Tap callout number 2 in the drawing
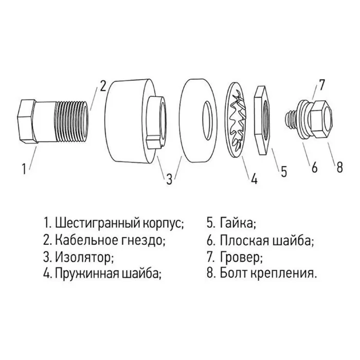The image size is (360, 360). tap(103, 85)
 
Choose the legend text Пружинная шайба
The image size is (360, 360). tap(109, 273)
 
